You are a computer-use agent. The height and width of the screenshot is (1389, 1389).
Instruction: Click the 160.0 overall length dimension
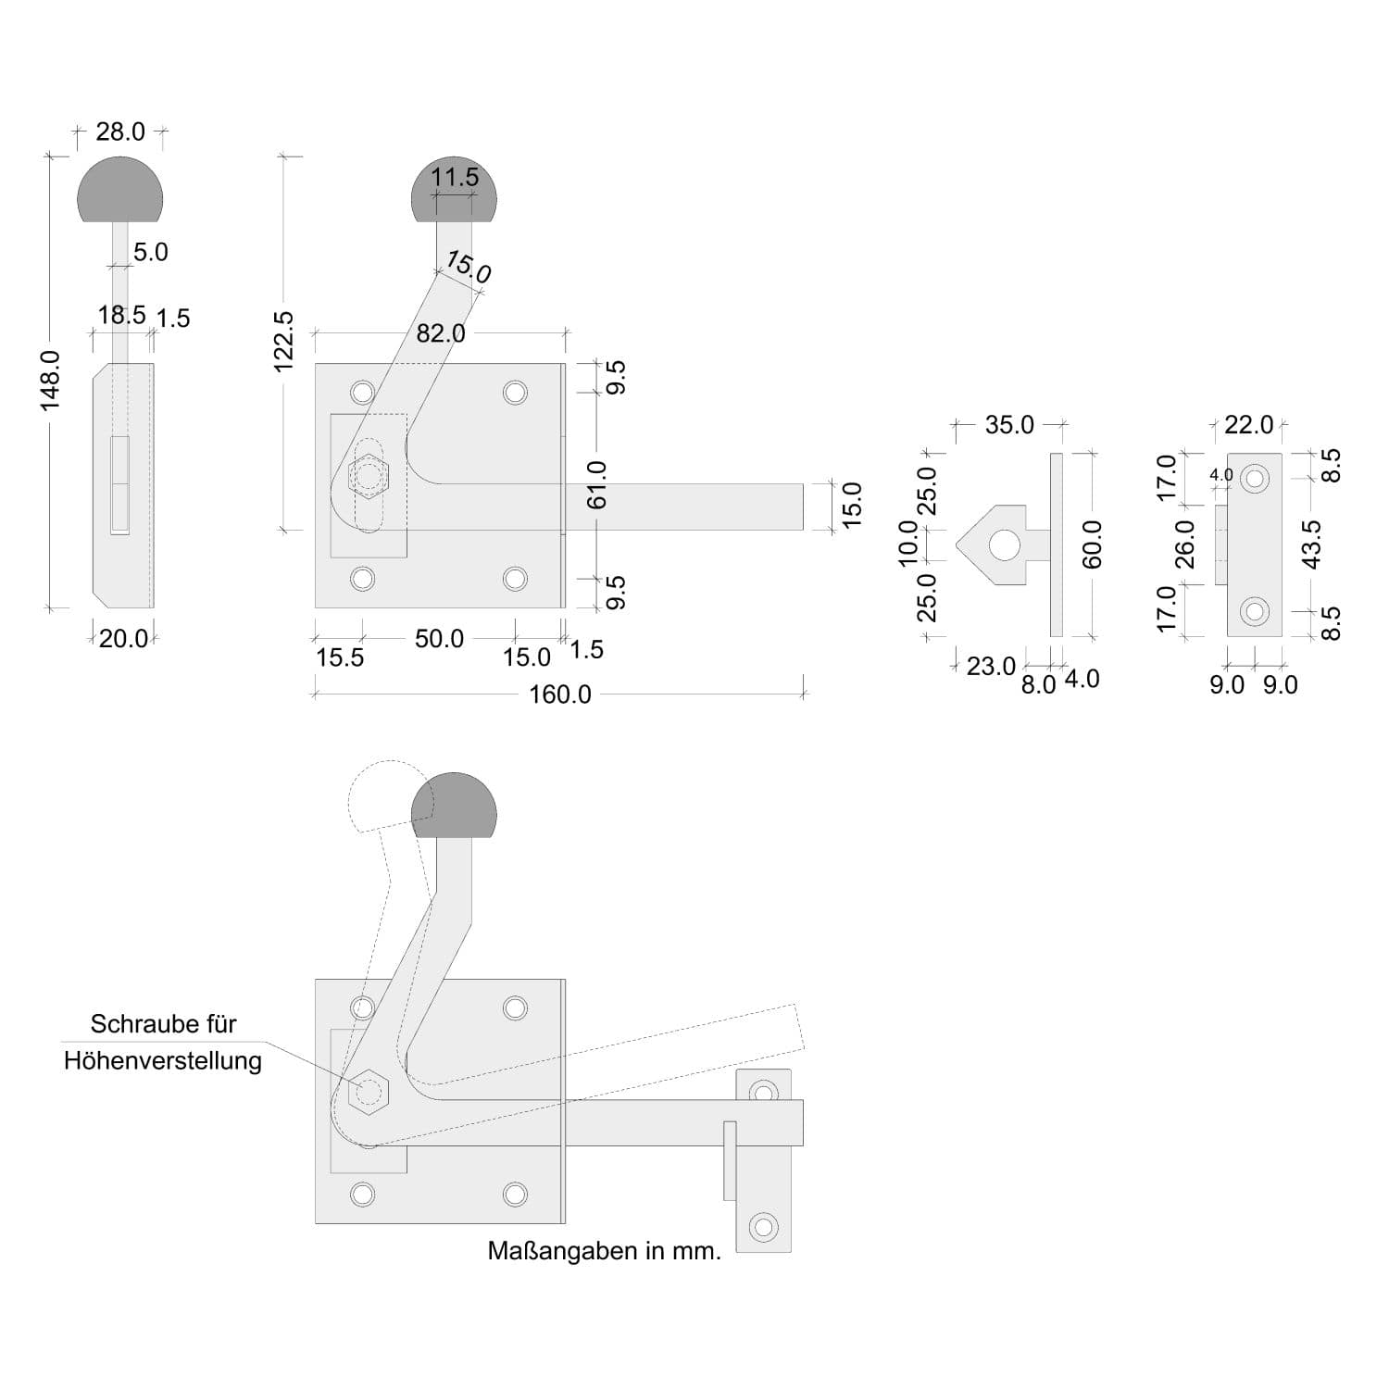pos(559,694)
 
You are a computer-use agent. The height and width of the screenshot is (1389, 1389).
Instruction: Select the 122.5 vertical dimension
pos(284,342)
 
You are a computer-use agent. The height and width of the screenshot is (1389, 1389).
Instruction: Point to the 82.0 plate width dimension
pos(441,333)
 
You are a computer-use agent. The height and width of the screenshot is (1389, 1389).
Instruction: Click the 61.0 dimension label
pos(596,484)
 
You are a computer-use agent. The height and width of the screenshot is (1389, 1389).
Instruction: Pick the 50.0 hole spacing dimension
pos(439,639)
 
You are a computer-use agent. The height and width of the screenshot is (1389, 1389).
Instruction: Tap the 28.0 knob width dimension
pos(120,132)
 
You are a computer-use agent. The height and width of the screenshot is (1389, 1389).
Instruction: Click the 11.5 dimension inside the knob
pos(455,177)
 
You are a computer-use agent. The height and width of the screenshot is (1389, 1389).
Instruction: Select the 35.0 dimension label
pos(1009,425)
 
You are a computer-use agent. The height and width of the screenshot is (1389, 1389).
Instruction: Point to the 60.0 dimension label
pos(1093,544)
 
